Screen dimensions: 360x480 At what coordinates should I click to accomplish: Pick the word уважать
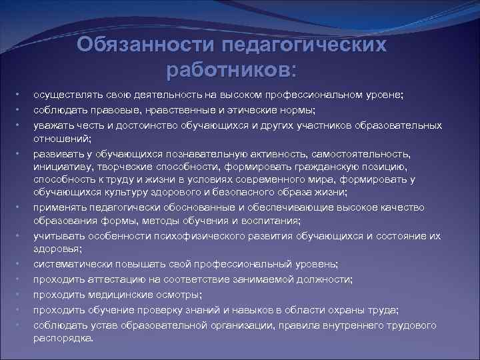pyautogui.click(x=52, y=125)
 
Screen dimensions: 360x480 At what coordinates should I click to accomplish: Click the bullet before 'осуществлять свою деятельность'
pyautogui.click(x=21, y=95)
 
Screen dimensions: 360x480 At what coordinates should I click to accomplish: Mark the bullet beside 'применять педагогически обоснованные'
pyautogui.click(x=21, y=207)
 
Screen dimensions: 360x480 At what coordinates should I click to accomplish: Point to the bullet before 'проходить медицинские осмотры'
pyautogui.click(x=21, y=294)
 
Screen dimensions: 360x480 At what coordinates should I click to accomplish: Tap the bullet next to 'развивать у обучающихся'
pyautogui.click(x=21, y=153)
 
